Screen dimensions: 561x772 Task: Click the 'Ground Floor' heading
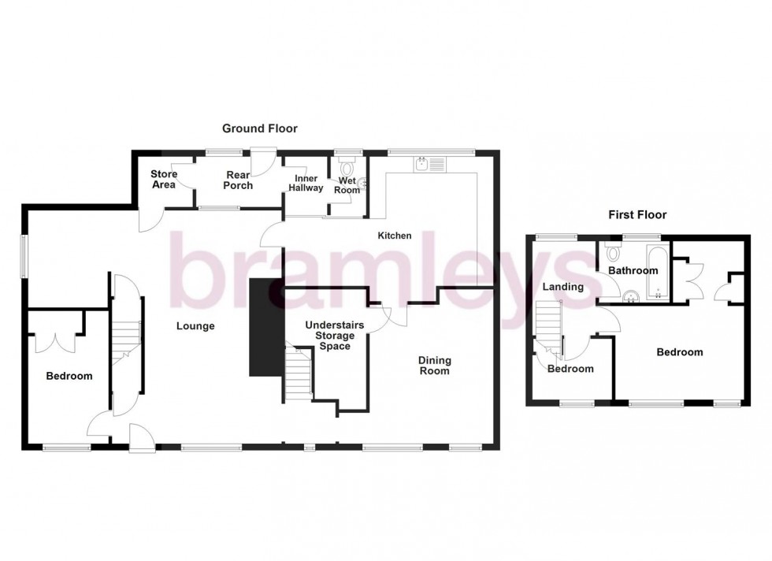[x=259, y=128]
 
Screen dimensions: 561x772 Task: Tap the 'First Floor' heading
[x=638, y=214]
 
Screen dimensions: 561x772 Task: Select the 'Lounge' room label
[x=195, y=326]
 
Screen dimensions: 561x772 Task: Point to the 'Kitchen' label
[x=395, y=236]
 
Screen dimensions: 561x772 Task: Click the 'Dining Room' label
[x=434, y=366]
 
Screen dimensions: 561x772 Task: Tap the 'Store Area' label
[x=163, y=180]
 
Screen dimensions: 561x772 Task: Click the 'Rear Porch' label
[x=238, y=180]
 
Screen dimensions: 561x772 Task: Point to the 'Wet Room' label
[x=348, y=184]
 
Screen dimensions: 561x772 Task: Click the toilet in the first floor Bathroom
[x=614, y=253]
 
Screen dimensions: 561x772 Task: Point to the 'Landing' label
[x=563, y=287]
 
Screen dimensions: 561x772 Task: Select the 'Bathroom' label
[x=632, y=271]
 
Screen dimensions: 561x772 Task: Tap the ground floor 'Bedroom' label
[x=69, y=376]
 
